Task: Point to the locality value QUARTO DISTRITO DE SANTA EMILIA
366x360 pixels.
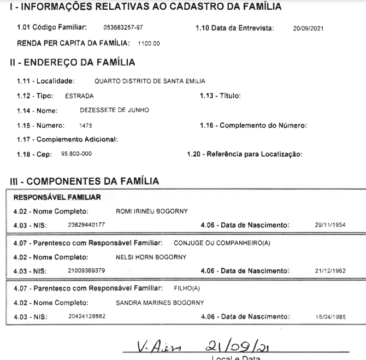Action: (150, 81)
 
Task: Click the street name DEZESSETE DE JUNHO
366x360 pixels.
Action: (114, 110)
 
